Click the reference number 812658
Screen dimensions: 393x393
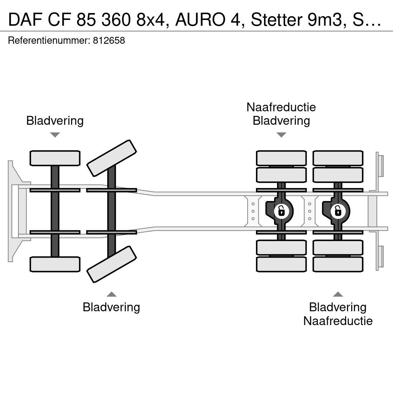click(109, 40)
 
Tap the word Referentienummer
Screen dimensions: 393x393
click(49, 40)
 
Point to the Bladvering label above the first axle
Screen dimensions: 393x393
click(55, 121)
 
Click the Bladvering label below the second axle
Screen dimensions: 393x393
click(111, 307)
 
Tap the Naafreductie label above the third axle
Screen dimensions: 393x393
click(281, 107)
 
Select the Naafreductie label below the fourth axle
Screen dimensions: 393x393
click(338, 321)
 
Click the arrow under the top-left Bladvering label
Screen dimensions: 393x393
click(55, 135)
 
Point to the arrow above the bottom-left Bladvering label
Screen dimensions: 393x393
click(112, 294)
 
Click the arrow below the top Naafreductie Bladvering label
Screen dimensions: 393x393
click(281, 135)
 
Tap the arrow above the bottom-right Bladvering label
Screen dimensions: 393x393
click(338, 294)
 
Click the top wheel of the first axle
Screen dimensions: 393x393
click(55, 158)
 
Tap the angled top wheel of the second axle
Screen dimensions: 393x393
click(112, 158)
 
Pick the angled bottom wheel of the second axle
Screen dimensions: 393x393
click(112, 264)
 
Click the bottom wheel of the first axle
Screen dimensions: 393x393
click(55, 264)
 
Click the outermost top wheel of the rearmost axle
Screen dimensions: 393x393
click(338, 158)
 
